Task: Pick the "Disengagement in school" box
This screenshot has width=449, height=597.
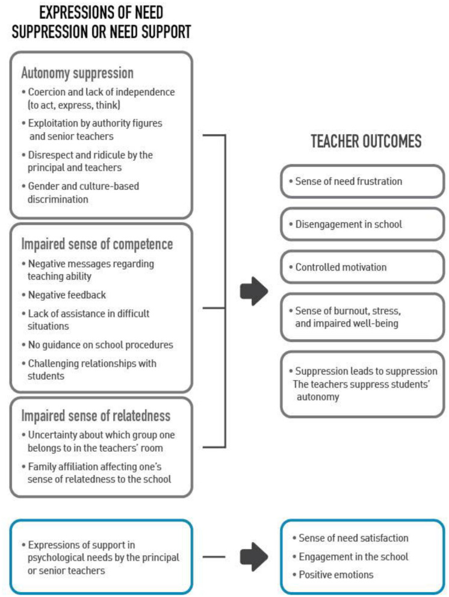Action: point(362,225)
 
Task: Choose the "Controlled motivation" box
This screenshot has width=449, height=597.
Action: point(362,266)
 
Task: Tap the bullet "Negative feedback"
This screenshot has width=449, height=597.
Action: point(66,295)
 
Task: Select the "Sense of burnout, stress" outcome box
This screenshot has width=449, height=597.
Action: point(362,316)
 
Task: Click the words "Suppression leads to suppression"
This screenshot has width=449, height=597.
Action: point(366,370)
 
